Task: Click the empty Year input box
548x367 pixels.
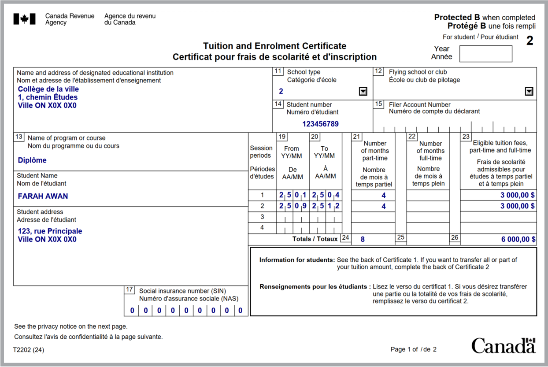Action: pyautogui.click(x=485, y=54)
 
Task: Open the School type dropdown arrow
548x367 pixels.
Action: pyautogui.click(x=363, y=91)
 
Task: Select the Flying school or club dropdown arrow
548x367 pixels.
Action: pyautogui.click(x=529, y=91)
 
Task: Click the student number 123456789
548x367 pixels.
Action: pyautogui.click(x=320, y=124)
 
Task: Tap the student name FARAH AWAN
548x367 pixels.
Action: pyautogui.click(x=43, y=196)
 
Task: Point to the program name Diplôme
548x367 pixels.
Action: pyautogui.click(x=32, y=160)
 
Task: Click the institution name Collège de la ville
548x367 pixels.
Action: pyautogui.click(x=48, y=89)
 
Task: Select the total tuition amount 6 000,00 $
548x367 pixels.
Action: pyautogui.click(x=518, y=239)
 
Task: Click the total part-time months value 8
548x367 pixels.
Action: pyautogui.click(x=363, y=239)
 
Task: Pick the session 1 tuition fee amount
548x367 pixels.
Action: pyautogui.click(x=518, y=195)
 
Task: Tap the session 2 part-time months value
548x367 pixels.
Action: pyautogui.click(x=383, y=206)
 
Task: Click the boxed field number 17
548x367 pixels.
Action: pyautogui.click(x=129, y=289)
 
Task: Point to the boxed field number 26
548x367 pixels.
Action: pyautogui.click(x=455, y=237)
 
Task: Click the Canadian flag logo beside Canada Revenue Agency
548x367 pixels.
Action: pyautogui.click(x=24, y=19)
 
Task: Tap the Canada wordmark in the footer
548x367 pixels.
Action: pyautogui.click(x=503, y=345)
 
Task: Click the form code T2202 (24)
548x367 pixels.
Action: pyautogui.click(x=29, y=350)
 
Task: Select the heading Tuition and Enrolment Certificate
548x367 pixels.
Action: pyautogui.click(x=274, y=46)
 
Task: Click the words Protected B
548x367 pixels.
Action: pyautogui.click(x=457, y=18)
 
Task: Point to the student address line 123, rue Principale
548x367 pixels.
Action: pyautogui.click(x=50, y=231)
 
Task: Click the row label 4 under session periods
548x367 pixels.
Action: pyautogui.click(x=262, y=228)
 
